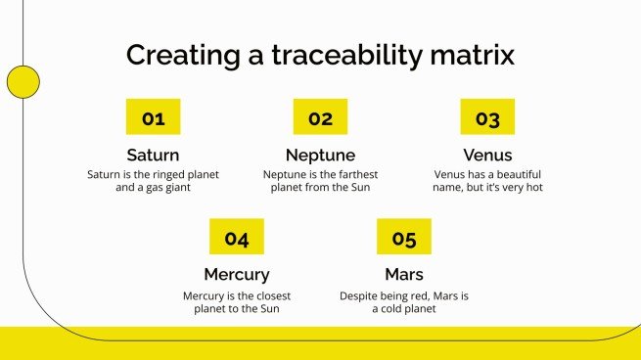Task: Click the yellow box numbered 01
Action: [x=154, y=118]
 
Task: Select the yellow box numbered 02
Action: [x=320, y=118]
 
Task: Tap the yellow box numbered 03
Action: [x=487, y=118]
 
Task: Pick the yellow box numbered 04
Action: [x=237, y=238]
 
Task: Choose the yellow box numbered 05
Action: [x=404, y=238]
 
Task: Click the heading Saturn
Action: [x=154, y=155]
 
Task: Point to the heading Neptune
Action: [x=320, y=155]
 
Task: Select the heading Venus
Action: [x=487, y=155]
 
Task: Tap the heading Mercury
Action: [x=237, y=274]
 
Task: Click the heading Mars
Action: [x=404, y=274]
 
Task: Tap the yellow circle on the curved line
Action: [x=22, y=82]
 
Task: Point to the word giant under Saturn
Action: [x=175, y=188]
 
